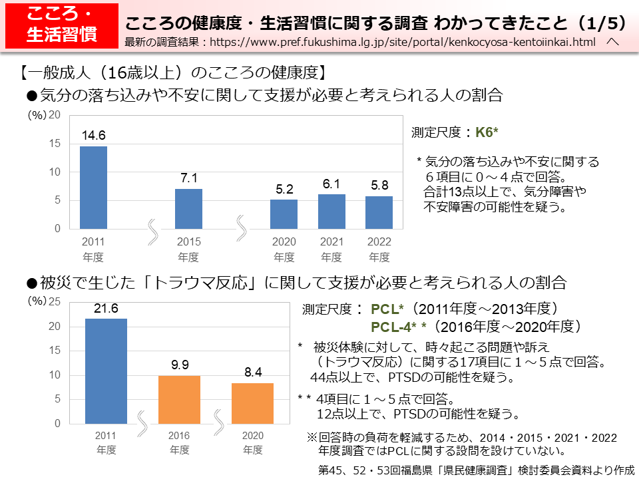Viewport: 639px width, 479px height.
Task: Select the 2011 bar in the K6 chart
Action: tap(93, 188)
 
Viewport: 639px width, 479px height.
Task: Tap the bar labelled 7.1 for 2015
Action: tap(188, 209)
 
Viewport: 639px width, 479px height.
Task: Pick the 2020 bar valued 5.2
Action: tap(284, 214)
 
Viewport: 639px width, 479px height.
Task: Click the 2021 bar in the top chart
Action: tap(331, 212)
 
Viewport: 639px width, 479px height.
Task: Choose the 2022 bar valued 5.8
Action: tap(379, 212)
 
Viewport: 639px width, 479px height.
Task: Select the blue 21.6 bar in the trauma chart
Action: tap(106, 371)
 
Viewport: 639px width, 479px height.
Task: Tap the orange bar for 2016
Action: tap(179, 399)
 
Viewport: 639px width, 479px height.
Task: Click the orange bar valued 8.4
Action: tap(252, 403)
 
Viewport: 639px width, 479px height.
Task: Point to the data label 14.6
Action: tap(93, 136)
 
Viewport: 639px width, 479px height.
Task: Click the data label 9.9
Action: tap(180, 365)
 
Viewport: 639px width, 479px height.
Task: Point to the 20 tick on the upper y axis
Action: tap(55, 115)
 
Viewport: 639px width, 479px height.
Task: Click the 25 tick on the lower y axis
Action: tap(55, 302)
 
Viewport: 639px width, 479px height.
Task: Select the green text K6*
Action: tap(487, 132)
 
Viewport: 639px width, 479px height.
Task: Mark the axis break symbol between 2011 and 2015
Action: tap(152, 228)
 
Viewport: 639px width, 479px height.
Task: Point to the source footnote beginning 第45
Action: tap(477, 470)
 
